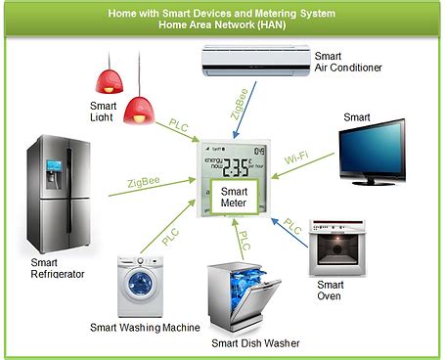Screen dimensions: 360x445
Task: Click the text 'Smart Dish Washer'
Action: click(256, 343)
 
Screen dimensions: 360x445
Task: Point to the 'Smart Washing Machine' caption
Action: click(145, 327)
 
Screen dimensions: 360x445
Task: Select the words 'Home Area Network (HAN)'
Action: click(222, 23)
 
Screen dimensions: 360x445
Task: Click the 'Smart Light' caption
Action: click(104, 112)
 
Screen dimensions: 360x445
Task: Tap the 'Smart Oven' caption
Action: click(330, 291)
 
